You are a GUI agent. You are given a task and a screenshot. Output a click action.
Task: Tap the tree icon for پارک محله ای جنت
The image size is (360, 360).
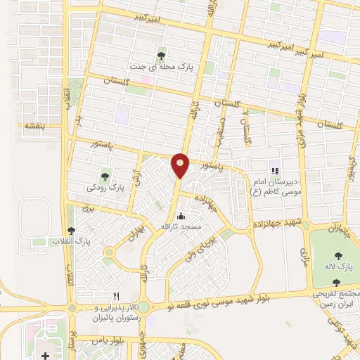162,55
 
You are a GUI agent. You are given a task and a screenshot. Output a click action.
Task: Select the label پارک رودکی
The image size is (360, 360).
105,188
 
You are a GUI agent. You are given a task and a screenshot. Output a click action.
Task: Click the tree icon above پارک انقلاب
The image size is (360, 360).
70,231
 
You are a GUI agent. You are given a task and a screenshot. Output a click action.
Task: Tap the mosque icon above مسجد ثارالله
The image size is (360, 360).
181,216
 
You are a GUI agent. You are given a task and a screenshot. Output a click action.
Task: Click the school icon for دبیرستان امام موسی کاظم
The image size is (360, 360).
275,170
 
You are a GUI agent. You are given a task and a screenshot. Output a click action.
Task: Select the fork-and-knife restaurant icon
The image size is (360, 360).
117,296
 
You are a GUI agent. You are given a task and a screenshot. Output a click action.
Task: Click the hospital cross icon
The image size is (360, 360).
46,356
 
